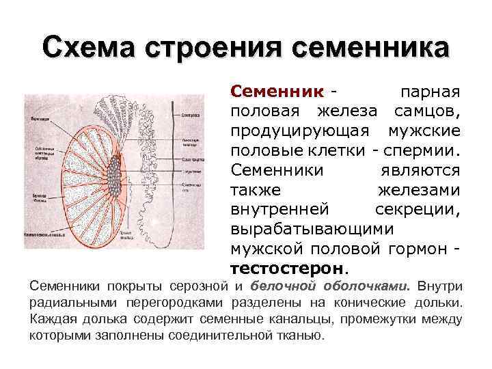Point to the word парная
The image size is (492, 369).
coord(430,92)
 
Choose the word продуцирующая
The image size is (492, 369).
coord(300,130)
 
